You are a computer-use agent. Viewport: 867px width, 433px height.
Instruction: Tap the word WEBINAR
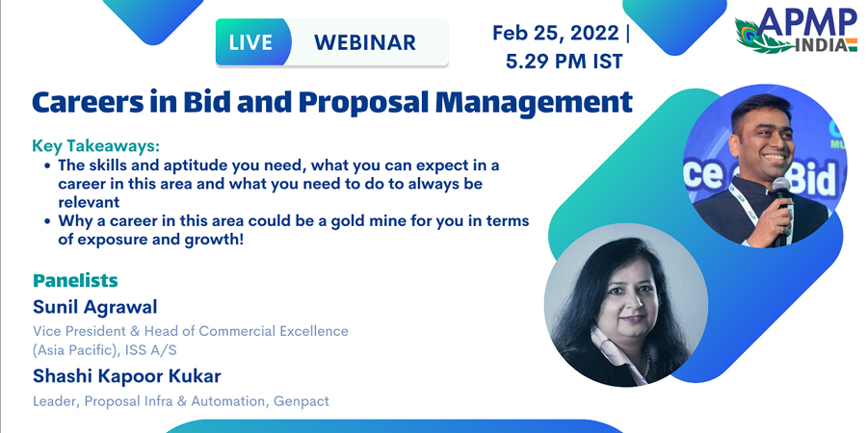(x=365, y=42)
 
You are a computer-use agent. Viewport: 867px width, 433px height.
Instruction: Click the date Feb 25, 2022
(x=556, y=33)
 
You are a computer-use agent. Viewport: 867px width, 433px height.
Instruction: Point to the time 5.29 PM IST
(x=564, y=61)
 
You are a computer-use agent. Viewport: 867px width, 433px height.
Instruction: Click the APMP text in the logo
(x=806, y=23)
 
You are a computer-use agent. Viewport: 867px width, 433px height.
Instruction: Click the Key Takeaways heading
(x=95, y=146)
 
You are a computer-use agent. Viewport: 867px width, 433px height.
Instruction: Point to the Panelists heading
(x=75, y=281)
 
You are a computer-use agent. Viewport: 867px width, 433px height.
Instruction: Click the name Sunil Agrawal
(x=95, y=307)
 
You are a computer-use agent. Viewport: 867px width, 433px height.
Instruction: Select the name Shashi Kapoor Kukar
(x=126, y=376)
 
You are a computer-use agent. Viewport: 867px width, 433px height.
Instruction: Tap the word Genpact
(x=302, y=401)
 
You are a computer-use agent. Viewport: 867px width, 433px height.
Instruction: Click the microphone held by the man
(x=781, y=210)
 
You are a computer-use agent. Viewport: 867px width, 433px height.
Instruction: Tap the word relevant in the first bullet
(x=89, y=202)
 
